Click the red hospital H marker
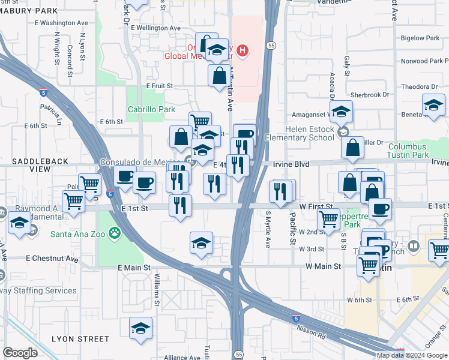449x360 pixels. pyautogui.click(x=243, y=50)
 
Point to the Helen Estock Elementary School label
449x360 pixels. pyautogui.click(x=301, y=133)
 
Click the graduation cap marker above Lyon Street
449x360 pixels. pyautogui.click(x=140, y=328)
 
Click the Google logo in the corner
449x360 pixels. pyautogui.click(x=20, y=353)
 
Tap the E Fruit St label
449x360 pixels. pyautogui.click(x=159, y=86)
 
